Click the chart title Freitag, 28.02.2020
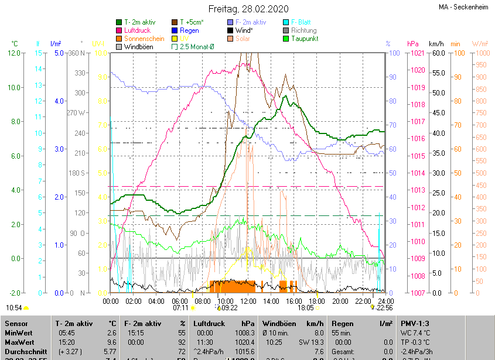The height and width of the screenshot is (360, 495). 248,9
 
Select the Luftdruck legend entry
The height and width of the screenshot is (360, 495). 137,30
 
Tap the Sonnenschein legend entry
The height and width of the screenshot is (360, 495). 140,39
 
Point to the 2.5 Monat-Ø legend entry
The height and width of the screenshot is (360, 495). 193,47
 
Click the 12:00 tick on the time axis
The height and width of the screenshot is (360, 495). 248,301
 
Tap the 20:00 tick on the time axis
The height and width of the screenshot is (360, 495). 340,301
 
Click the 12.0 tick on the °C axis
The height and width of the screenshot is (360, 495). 13,53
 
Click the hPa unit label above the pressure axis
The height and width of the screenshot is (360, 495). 412,44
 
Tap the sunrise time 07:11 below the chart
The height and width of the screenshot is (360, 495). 180,308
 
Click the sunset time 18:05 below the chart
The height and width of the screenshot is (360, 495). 305,308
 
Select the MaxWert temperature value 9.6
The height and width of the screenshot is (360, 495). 112,342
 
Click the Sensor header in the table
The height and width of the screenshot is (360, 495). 16,323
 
